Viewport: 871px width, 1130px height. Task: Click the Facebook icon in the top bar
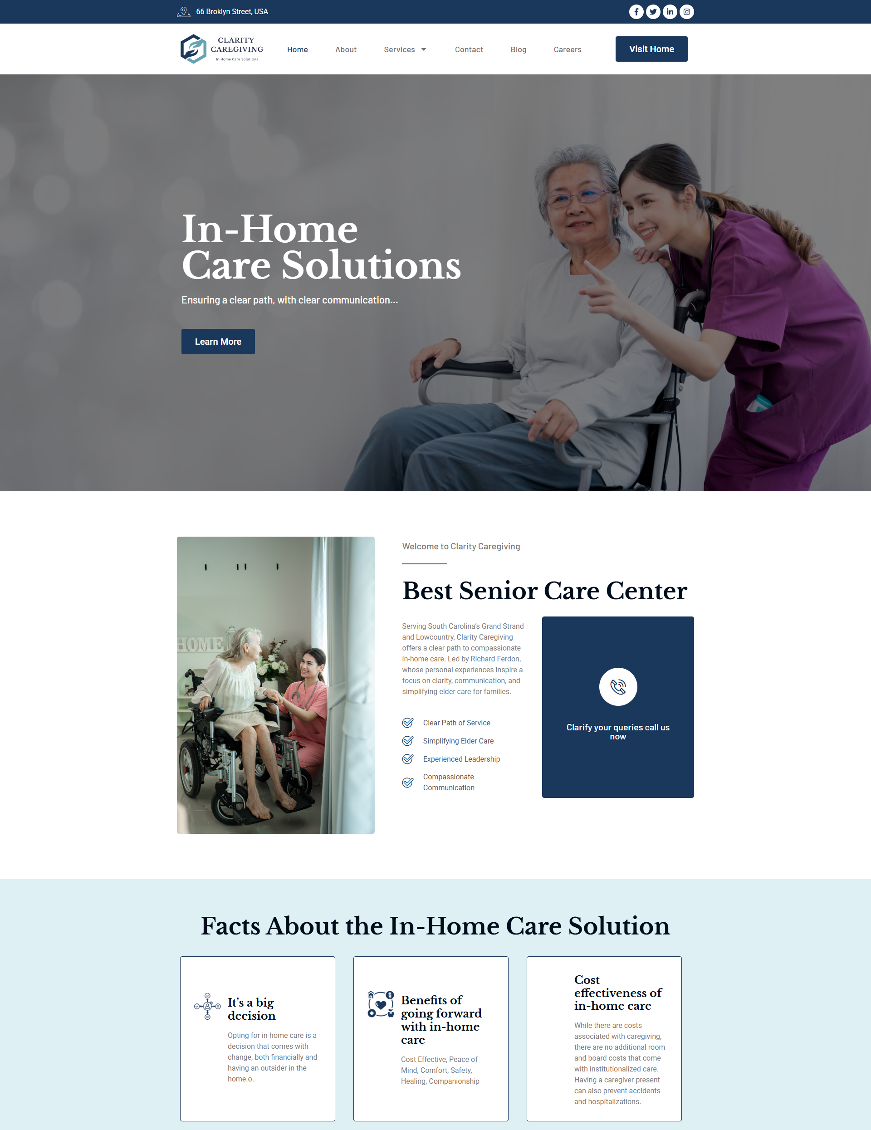point(636,12)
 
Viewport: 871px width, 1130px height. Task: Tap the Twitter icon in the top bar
point(653,12)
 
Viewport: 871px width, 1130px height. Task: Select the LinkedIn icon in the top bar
point(670,12)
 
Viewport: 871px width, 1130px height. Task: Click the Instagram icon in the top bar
point(687,12)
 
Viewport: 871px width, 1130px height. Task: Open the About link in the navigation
point(346,49)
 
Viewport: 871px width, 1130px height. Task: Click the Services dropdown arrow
point(424,49)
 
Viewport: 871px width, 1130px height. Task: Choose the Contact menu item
point(469,49)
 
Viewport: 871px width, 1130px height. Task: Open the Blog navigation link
point(518,49)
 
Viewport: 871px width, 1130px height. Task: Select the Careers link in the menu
point(567,49)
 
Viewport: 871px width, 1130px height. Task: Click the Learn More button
point(218,342)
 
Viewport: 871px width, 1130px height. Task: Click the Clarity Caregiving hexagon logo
point(194,49)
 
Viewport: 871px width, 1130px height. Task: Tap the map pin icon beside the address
point(184,12)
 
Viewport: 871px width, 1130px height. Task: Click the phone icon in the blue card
point(618,687)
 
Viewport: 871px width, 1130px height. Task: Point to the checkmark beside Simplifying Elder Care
point(408,741)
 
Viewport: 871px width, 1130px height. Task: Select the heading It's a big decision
point(251,1009)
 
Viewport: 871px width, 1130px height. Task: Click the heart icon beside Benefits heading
point(381,1004)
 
